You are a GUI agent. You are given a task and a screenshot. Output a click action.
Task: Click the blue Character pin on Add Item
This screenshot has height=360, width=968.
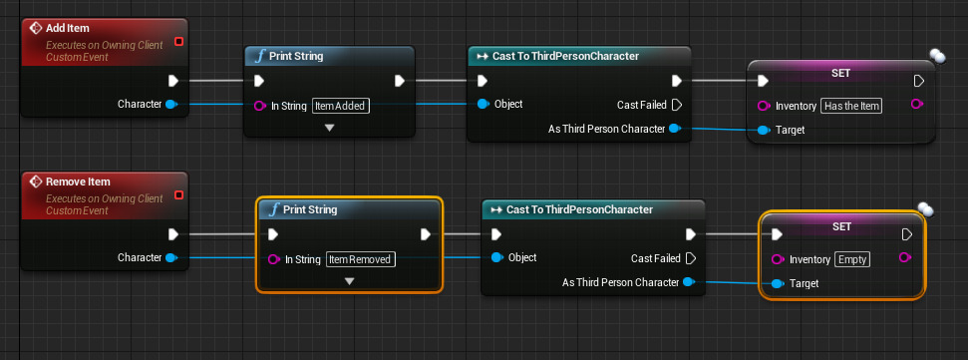point(171,104)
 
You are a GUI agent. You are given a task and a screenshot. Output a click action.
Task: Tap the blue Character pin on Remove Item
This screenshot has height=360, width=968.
point(171,258)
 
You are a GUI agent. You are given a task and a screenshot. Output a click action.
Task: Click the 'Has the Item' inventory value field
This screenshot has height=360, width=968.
point(852,105)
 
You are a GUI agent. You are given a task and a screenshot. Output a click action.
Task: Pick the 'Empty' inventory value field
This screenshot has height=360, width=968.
point(852,259)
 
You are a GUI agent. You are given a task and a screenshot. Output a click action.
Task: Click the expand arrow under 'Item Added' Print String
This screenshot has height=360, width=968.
point(330,128)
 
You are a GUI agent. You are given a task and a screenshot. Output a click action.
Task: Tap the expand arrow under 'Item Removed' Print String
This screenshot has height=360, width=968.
point(349,282)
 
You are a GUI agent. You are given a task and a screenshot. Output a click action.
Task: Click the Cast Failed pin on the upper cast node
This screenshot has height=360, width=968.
point(676,104)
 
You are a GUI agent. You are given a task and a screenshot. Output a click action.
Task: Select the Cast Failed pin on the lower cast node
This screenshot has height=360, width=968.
point(691,258)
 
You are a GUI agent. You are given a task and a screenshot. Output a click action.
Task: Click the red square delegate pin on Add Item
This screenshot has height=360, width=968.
point(178,41)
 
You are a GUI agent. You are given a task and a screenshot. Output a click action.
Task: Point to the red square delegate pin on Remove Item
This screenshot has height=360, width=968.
point(178,195)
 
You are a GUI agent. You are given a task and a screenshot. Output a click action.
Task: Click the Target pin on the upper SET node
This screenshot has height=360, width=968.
point(764,130)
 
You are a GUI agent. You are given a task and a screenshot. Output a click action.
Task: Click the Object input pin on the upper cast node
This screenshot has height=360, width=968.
point(484,104)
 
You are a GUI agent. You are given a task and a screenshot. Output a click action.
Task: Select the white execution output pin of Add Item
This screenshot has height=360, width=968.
point(172,81)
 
